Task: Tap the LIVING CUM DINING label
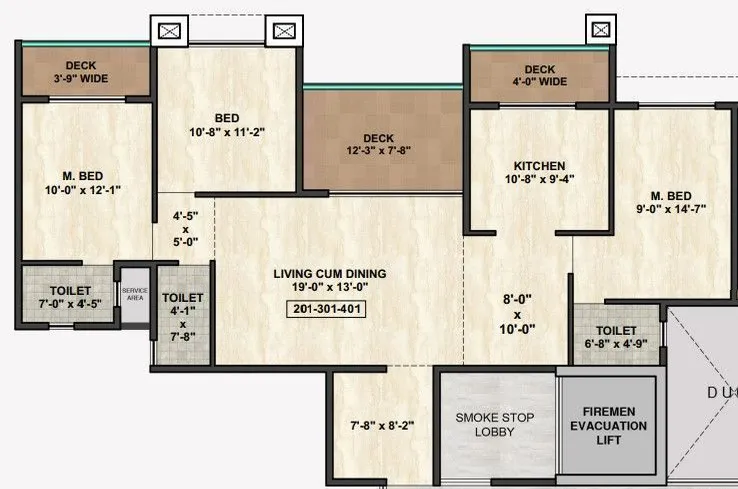click(x=329, y=273)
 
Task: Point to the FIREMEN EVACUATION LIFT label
click(x=608, y=425)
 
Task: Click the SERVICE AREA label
click(x=135, y=293)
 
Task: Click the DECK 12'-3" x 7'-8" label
click(x=379, y=145)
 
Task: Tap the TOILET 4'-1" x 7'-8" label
click(x=183, y=316)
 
